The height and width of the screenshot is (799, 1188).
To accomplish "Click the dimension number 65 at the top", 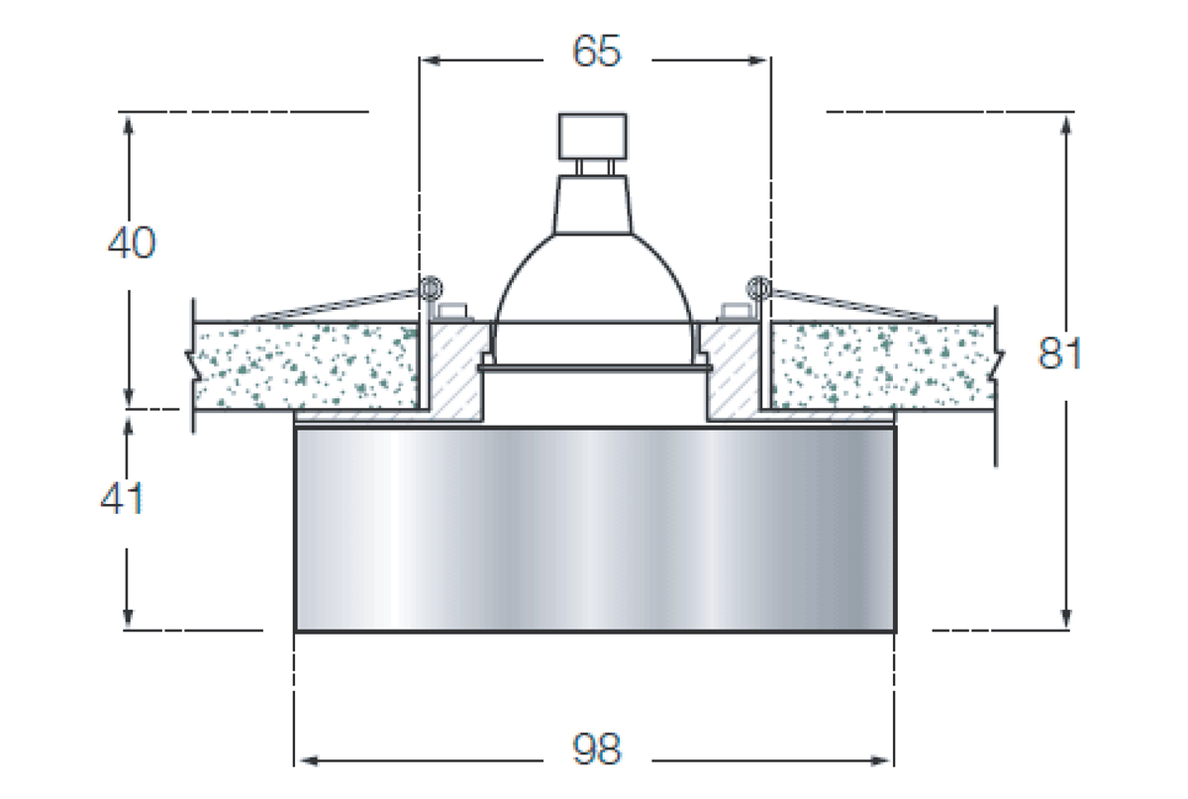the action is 596,51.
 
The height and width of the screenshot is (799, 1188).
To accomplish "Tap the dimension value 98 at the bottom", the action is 597,749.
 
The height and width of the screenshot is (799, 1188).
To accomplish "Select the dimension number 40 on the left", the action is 132,243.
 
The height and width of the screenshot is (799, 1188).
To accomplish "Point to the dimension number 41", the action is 122,499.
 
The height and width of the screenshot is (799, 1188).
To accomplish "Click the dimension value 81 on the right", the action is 1059,353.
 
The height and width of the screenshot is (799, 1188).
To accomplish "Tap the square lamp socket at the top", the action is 592,137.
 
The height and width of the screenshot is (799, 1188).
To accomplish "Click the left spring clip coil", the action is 430,289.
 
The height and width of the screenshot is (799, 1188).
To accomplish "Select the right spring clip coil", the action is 758,288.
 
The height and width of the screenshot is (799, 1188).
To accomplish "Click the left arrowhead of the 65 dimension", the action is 430,60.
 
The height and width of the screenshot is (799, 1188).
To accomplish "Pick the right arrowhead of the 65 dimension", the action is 757,60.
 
